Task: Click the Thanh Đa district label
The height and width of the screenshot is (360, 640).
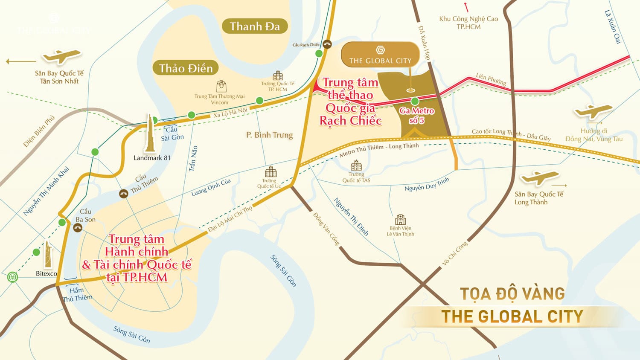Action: (255, 26)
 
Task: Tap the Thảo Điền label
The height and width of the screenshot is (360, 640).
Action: (186, 68)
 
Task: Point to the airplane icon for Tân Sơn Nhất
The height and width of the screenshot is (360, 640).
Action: (62, 56)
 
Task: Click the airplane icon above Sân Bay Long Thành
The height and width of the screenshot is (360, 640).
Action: (539, 177)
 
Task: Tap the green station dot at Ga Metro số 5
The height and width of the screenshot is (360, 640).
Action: (415, 101)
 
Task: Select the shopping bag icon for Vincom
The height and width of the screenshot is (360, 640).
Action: (221, 86)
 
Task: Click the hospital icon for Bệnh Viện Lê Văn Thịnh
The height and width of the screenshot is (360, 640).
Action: (400, 220)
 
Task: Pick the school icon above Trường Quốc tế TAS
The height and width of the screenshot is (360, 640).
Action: (356, 165)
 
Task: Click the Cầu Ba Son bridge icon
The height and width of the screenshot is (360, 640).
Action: (78, 228)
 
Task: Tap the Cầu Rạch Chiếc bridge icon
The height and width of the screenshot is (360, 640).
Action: (327, 44)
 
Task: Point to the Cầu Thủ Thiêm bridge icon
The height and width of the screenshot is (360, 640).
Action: (123, 194)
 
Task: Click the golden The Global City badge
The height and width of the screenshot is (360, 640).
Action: (380, 55)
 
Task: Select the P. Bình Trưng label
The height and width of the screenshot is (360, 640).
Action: (269, 135)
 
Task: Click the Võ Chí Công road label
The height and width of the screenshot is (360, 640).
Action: (454, 253)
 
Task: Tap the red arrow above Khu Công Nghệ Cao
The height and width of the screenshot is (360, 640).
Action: (466, 7)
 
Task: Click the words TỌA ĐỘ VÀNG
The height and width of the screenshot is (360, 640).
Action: (512, 294)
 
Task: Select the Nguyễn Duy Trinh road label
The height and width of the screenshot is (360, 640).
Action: (427, 184)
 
